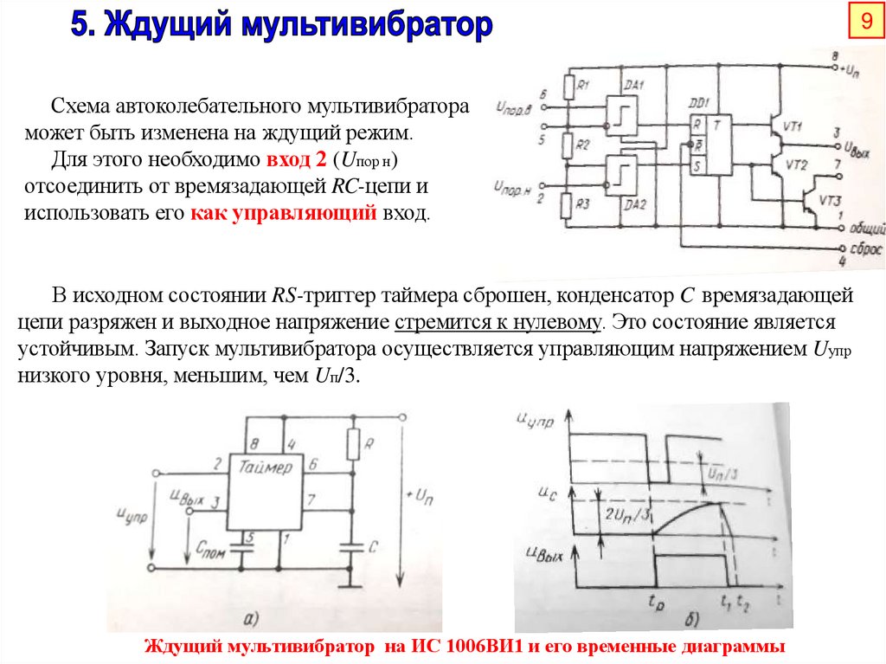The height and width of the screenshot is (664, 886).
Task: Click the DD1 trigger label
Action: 697,102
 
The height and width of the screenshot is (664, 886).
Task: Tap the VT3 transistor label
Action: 828,201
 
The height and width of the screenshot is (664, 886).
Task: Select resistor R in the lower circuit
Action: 352,444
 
